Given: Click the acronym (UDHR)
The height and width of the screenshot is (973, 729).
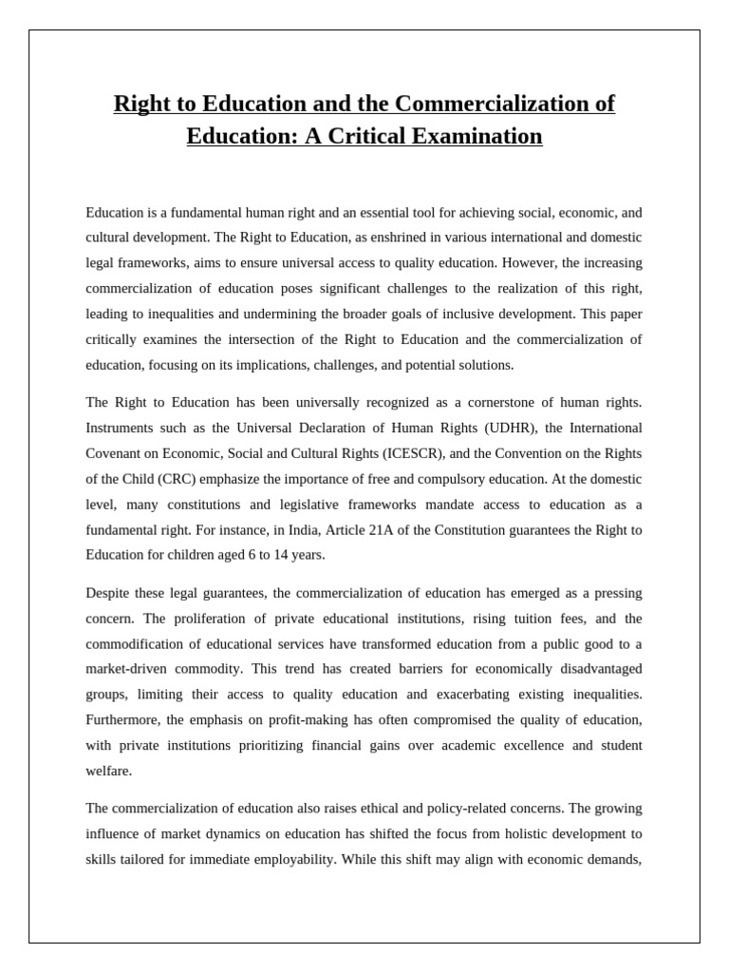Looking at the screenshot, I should pyautogui.click(x=488, y=428).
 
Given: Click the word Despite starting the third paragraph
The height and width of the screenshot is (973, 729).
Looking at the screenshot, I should pyautogui.click(x=110, y=593).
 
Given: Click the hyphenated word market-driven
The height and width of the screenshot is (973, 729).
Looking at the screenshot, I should pyautogui.click(x=127, y=669).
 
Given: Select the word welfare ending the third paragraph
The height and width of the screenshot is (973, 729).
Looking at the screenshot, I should pyautogui.click(x=108, y=771).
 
